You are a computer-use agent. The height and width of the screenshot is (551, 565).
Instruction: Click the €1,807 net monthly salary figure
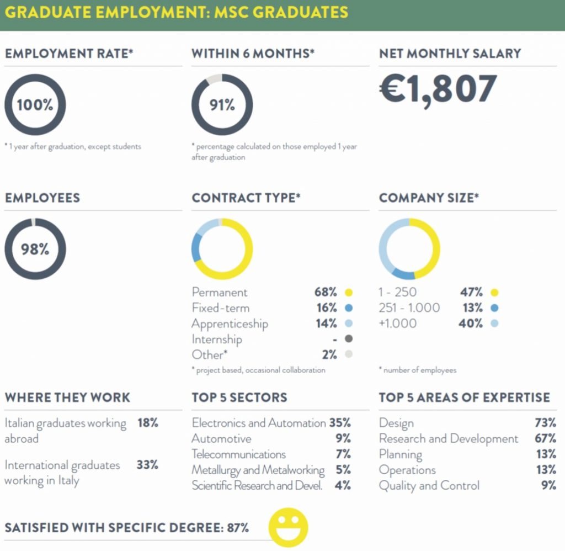[438, 89]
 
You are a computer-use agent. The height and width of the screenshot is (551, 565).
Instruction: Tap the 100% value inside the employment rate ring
[35, 105]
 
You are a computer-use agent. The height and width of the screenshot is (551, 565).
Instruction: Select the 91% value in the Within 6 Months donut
[222, 105]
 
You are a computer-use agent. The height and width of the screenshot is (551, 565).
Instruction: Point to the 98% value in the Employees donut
[35, 249]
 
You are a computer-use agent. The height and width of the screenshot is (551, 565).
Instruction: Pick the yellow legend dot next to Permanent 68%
[348, 293]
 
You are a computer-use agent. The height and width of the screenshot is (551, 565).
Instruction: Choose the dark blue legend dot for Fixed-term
[348, 308]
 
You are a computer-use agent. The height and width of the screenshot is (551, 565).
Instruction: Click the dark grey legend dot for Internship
[348, 339]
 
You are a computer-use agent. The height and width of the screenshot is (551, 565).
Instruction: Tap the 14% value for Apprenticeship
[326, 324]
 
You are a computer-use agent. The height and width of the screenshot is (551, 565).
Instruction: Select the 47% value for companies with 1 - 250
[471, 293]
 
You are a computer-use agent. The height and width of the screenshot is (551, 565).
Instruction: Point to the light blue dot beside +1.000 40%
[494, 324]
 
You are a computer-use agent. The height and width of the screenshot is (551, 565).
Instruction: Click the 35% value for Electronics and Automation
[340, 423]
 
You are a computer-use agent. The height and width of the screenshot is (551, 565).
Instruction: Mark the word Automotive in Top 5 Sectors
[221, 439]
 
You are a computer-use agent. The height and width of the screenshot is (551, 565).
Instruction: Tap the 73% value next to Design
[545, 423]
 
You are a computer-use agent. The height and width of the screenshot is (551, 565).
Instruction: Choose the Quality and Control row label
[429, 486]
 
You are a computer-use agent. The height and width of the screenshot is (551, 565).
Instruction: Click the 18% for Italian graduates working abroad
[147, 423]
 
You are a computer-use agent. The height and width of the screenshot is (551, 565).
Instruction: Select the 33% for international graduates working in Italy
[147, 465]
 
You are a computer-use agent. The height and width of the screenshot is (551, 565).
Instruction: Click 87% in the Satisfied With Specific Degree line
[238, 528]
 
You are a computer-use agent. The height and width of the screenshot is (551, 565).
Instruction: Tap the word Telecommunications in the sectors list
[238, 454]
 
